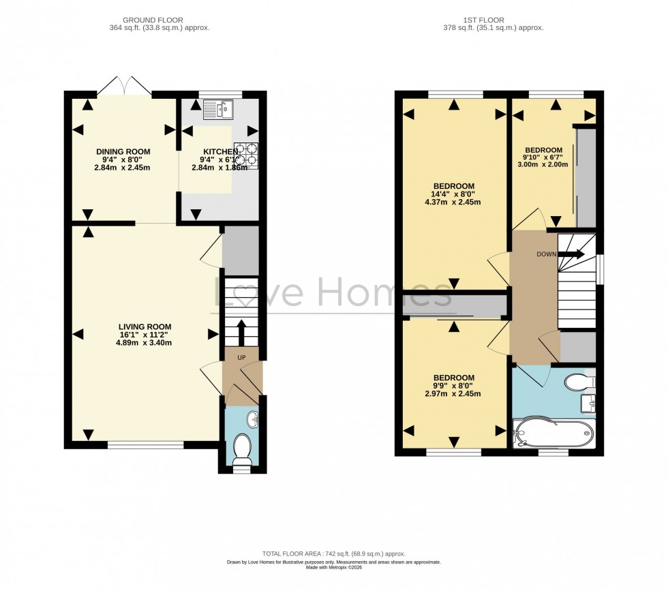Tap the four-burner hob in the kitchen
click(247, 155)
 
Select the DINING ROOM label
click(123, 151)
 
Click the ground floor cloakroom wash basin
click(252, 419)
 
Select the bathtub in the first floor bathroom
click(553, 433)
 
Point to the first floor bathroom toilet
click(579, 382)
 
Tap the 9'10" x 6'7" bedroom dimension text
click(543, 158)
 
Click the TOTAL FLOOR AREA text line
click(333, 554)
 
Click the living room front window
click(145, 446)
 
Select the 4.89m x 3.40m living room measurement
click(143, 343)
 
